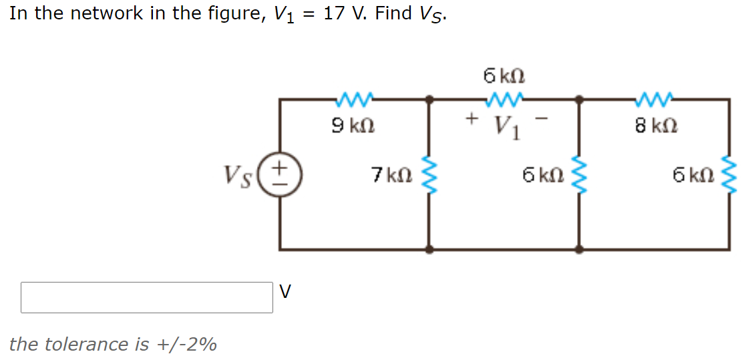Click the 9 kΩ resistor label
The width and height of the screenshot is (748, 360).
(353, 125)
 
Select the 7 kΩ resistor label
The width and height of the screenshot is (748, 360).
(391, 175)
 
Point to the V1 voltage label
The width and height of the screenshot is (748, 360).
(506, 125)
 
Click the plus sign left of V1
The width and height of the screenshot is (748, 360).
(472, 119)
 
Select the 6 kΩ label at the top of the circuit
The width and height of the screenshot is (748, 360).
(504, 75)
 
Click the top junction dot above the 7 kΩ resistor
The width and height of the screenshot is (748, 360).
(429, 100)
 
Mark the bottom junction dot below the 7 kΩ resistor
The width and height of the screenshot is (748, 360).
(429, 250)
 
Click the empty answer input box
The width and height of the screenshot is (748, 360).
(147, 297)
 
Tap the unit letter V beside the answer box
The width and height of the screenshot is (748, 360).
(285, 292)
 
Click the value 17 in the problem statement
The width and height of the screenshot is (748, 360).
(333, 13)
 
